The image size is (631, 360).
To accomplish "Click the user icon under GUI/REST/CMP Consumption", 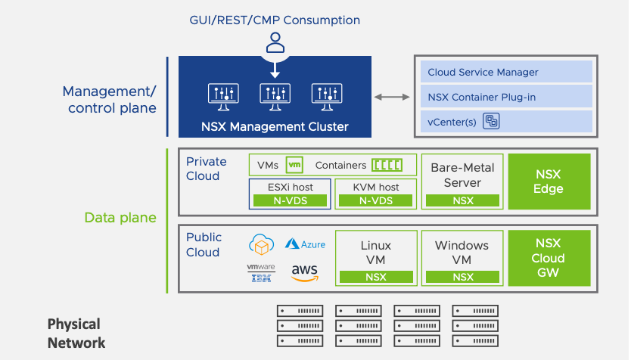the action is point(275,42).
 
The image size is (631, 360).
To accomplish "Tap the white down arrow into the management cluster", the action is point(275,70).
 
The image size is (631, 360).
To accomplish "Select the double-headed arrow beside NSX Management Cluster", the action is point(392,97).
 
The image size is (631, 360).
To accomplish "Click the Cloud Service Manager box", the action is point(506,72).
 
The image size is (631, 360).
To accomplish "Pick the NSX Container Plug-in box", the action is point(506,97).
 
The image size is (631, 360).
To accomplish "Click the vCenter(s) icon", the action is point(491,121).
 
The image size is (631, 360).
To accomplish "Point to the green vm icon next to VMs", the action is point(294,165).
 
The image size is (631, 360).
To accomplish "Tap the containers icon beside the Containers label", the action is point(387,165).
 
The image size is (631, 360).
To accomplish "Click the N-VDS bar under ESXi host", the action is point(290,200).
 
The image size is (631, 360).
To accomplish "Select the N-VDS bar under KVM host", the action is point(376,200).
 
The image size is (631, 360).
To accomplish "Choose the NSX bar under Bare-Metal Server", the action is point(463,200).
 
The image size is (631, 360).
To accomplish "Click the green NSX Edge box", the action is point(549,182).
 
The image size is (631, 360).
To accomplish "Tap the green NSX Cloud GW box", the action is point(549,258).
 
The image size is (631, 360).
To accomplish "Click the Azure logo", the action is point(305,244).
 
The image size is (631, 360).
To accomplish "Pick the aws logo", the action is point(305,273).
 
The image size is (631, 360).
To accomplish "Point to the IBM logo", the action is point(261,278).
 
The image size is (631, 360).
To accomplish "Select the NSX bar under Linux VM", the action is point(376,277).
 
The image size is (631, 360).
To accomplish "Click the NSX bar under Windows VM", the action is point(463,277).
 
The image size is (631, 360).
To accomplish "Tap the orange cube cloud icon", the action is point(262,244).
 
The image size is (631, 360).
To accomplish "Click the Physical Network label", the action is point(76,334).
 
